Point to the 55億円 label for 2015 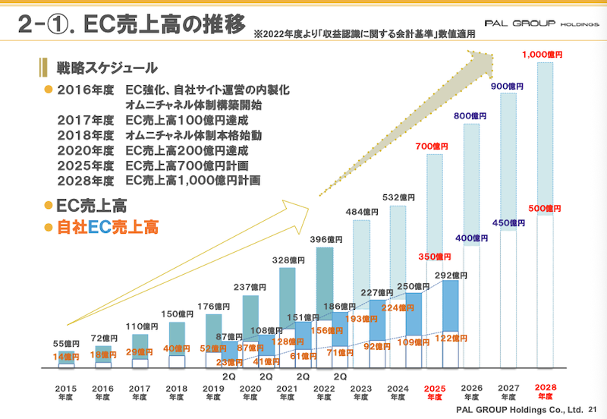point(66,344)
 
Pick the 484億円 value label point(361,212)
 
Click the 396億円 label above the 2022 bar point(324,239)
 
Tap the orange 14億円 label point(66,356)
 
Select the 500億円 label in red point(544,208)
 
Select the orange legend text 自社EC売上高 point(107,226)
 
